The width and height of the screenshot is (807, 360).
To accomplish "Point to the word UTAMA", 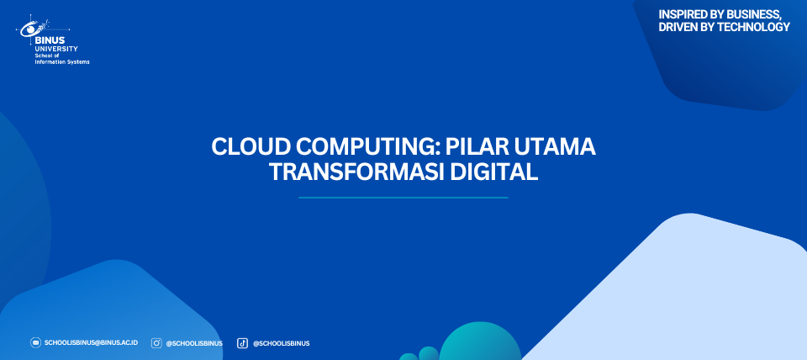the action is (x=556, y=147).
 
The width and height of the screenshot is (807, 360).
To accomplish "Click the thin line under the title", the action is (x=403, y=198).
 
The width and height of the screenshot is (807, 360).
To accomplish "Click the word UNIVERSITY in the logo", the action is (x=56, y=49).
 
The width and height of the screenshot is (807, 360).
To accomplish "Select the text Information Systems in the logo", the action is (x=62, y=61).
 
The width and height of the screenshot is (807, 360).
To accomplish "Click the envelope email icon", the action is (x=35, y=342).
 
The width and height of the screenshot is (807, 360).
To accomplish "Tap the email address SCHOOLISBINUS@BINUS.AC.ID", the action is (x=91, y=342).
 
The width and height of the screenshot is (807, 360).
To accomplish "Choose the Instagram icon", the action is (x=156, y=343).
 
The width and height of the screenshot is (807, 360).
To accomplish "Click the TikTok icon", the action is (x=242, y=343).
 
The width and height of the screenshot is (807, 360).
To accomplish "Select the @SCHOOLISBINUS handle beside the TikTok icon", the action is (x=281, y=343).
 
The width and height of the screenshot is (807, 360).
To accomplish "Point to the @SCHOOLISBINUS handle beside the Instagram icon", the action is (x=194, y=343).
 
